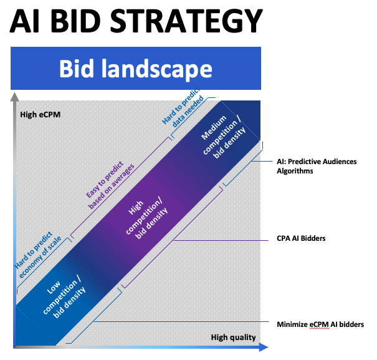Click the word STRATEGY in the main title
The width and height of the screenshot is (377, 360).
pyautogui.click(x=186, y=21)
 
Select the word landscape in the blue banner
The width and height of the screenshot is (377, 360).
pyautogui.click(x=157, y=69)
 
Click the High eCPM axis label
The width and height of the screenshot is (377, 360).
pyautogui.click(x=40, y=115)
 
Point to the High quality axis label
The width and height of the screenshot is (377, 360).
pyautogui.click(x=233, y=338)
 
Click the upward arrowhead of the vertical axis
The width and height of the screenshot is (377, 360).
pyautogui.click(x=15, y=97)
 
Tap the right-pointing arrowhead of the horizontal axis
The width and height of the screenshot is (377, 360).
pyautogui.click(x=264, y=347)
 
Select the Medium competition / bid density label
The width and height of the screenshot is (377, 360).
pyautogui.click(x=223, y=137)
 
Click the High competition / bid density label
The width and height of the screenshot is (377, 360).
pyautogui.click(x=146, y=220)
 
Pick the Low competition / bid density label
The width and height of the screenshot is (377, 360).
pyautogui.click(x=64, y=299)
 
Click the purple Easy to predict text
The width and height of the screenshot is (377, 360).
pyautogui.click(x=105, y=179)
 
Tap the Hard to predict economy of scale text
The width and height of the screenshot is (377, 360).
pyautogui.click(x=38, y=255)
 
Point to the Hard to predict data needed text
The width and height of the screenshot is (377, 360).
pyautogui.click(x=183, y=107)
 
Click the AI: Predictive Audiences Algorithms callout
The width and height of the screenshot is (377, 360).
pyautogui.click(x=317, y=166)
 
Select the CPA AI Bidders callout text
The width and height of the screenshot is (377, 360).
pyautogui.click(x=301, y=238)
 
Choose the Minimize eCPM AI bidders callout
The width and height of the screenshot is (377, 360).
pyautogui.click(x=320, y=324)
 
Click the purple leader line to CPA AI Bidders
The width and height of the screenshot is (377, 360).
pyautogui.click(x=221, y=240)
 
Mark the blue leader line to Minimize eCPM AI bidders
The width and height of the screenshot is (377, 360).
pyautogui.click(x=181, y=321)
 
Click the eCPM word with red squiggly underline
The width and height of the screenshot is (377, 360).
pyautogui.click(x=319, y=324)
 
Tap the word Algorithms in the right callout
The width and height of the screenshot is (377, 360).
pyautogui.click(x=295, y=171)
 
